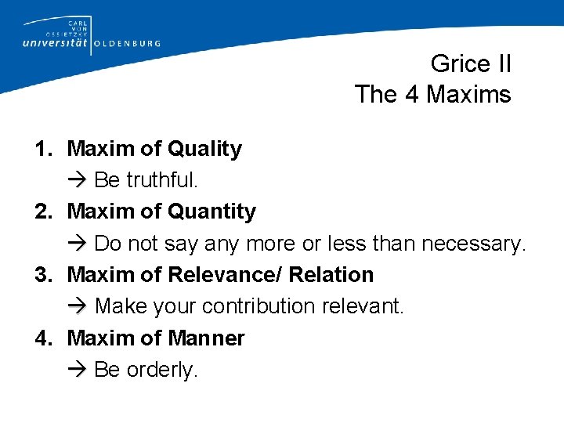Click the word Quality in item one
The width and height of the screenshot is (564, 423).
coord(205,149)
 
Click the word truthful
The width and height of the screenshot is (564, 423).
coord(163,180)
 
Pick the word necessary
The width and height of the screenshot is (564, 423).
coord(474,244)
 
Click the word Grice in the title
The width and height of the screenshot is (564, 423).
coord(460,63)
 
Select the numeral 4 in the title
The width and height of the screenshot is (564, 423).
coord(411,95)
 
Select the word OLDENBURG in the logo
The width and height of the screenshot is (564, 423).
coord(127,44)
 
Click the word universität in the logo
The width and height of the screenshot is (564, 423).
coord(55,43)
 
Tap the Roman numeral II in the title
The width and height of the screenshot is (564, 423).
coord(503,63)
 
